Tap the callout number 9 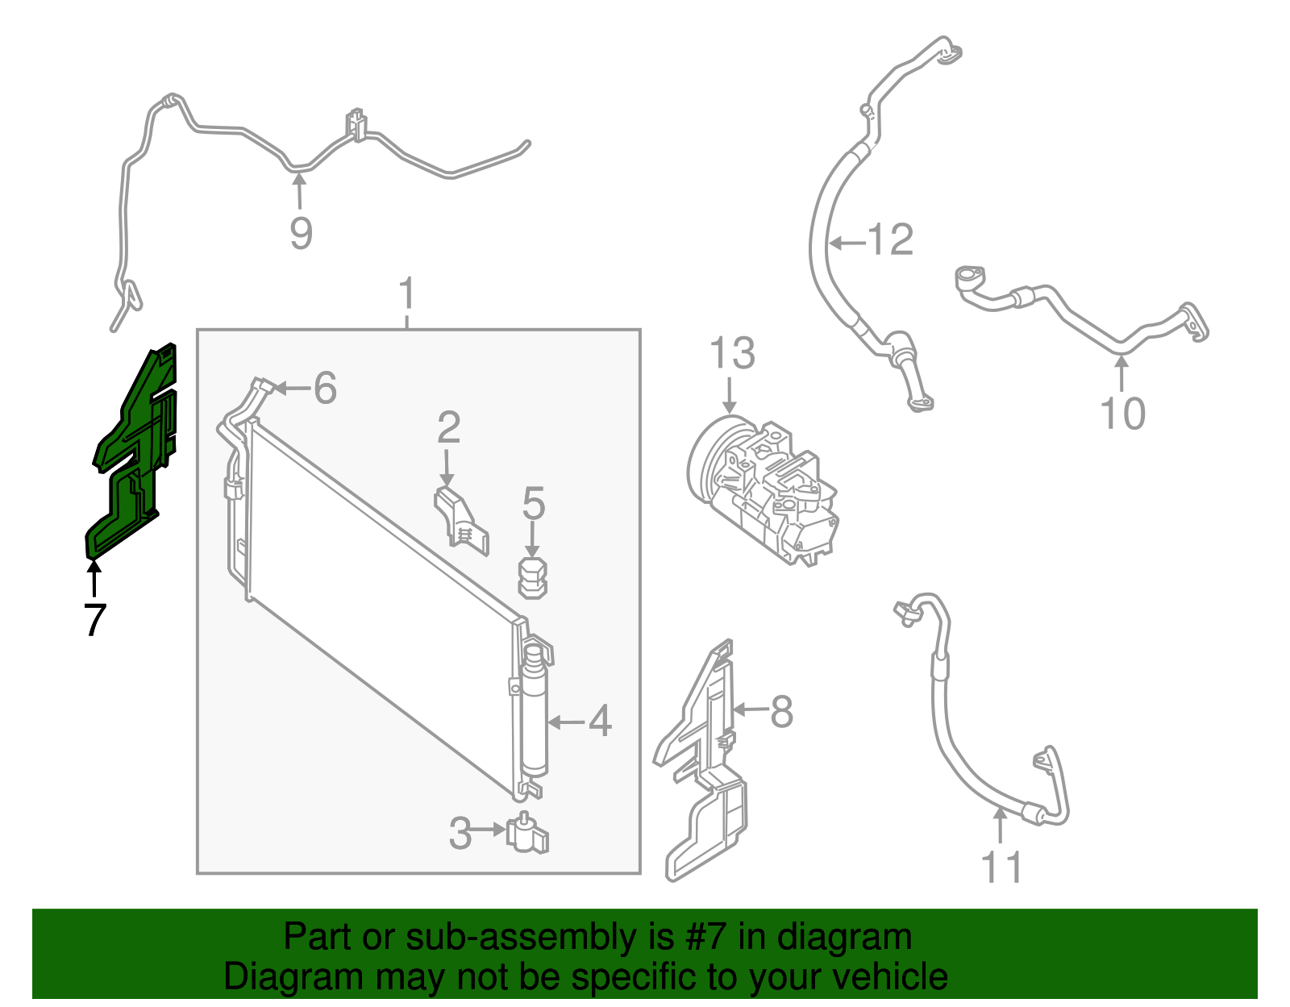[x=301, y=233]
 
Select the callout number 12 [x=890, y=240]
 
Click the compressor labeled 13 [x=762, y=490]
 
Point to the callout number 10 [x=1122, y=413]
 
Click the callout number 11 [x=1001, y=867]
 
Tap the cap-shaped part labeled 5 [x=532, y=578]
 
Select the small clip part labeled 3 [x=527, y=833]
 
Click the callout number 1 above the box [x=406, y=293]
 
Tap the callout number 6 [x=325, y=389]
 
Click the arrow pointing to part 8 [x=751, y=709]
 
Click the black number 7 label [x=95, y=620]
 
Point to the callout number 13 [x=732, y=354]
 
